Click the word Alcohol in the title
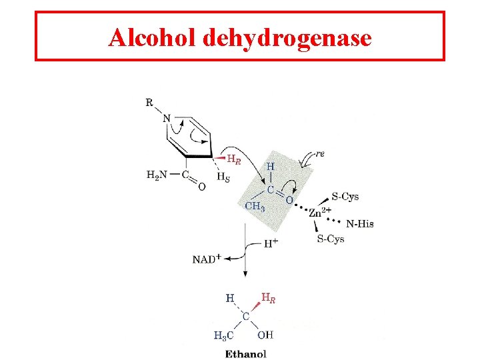point(151,38)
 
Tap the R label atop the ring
point(149,103)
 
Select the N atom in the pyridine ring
point(167,119)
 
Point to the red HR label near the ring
point(234,159)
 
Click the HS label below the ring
point(223,177)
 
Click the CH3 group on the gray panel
point(254,206)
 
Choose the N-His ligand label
point(359,223)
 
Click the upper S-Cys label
point(345,196)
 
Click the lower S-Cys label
point(330,239)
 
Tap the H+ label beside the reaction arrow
point(271,243)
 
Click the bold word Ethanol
point(245,353)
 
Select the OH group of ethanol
point(265,335)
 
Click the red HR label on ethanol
point(268,298)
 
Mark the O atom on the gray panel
point(288,199)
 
